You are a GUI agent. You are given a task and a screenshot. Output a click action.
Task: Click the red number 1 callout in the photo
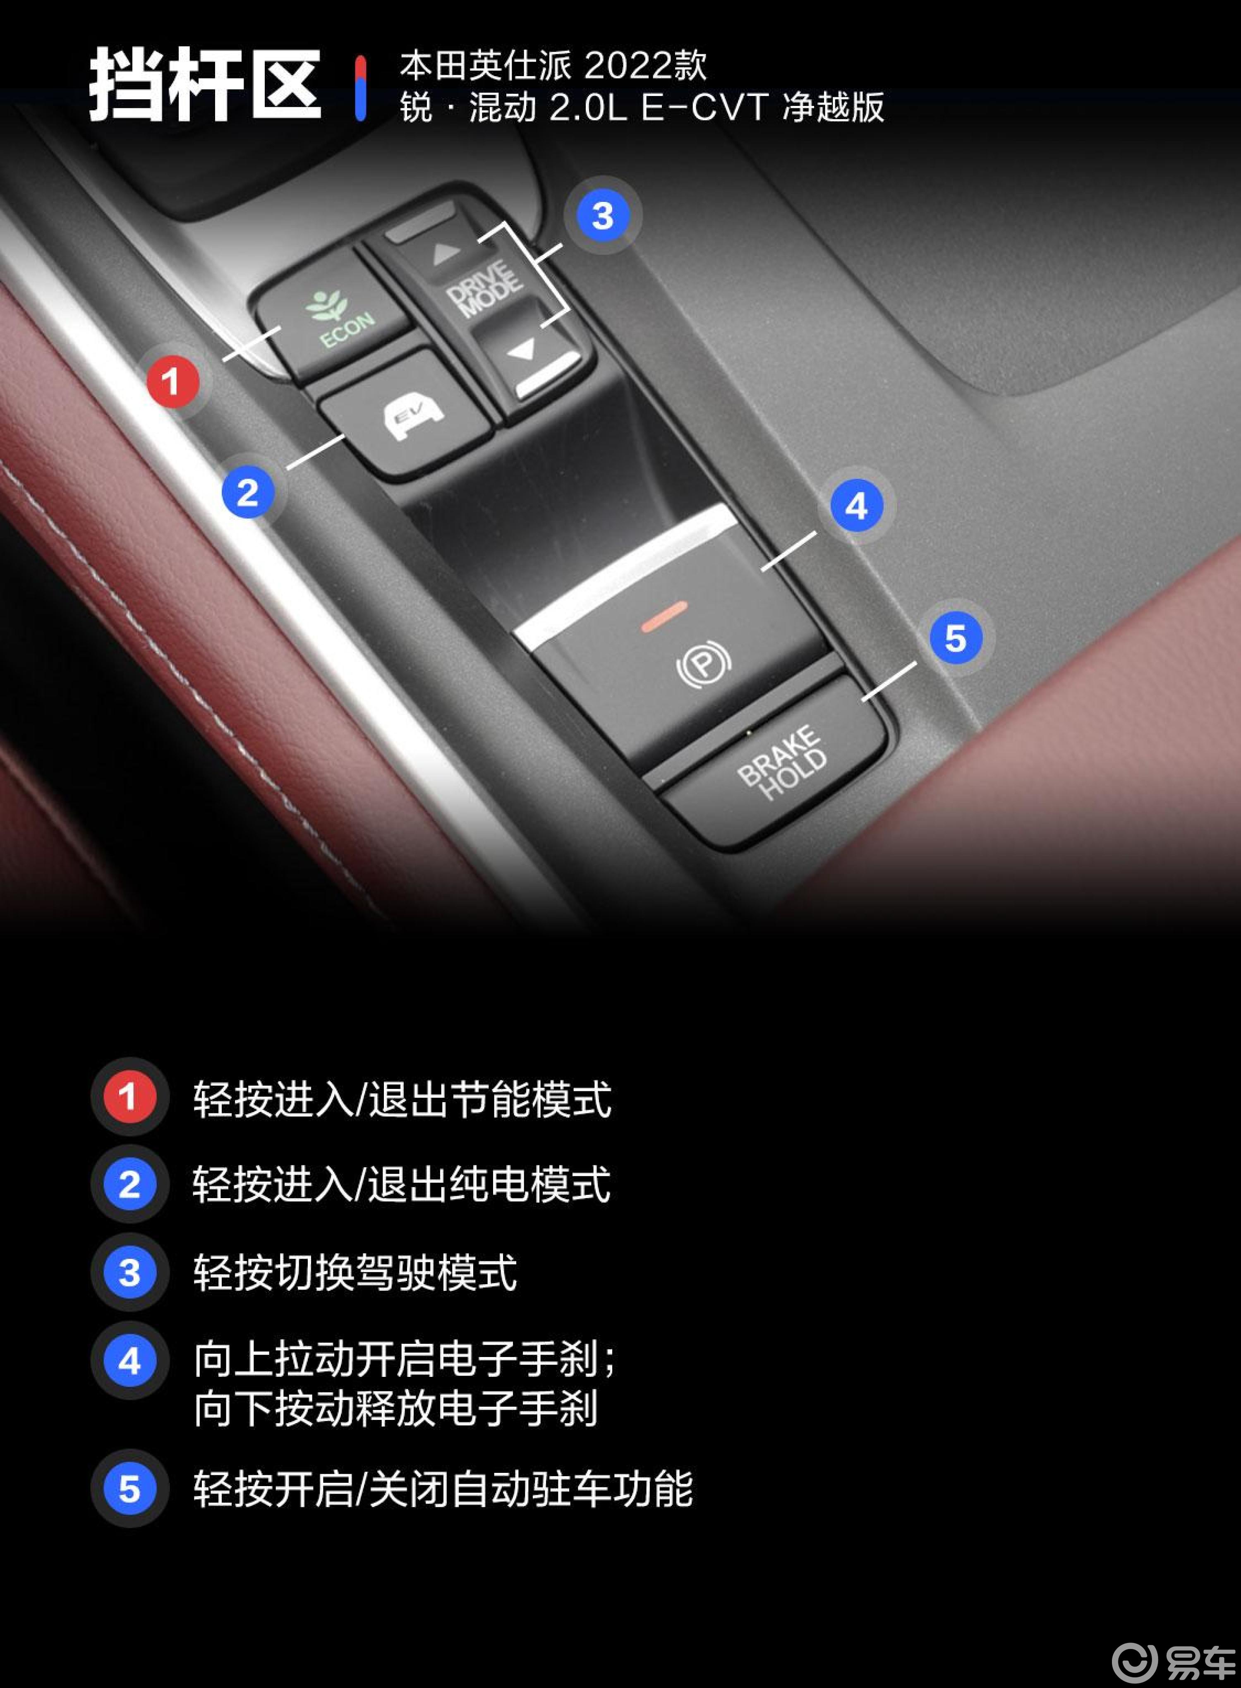pos(172,381)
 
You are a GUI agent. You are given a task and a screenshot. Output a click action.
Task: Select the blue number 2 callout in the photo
pos(247,493)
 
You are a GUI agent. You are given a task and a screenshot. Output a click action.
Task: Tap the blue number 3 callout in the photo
pos(602,216)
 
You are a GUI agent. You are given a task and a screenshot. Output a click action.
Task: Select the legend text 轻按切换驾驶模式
pos(355,1273)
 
